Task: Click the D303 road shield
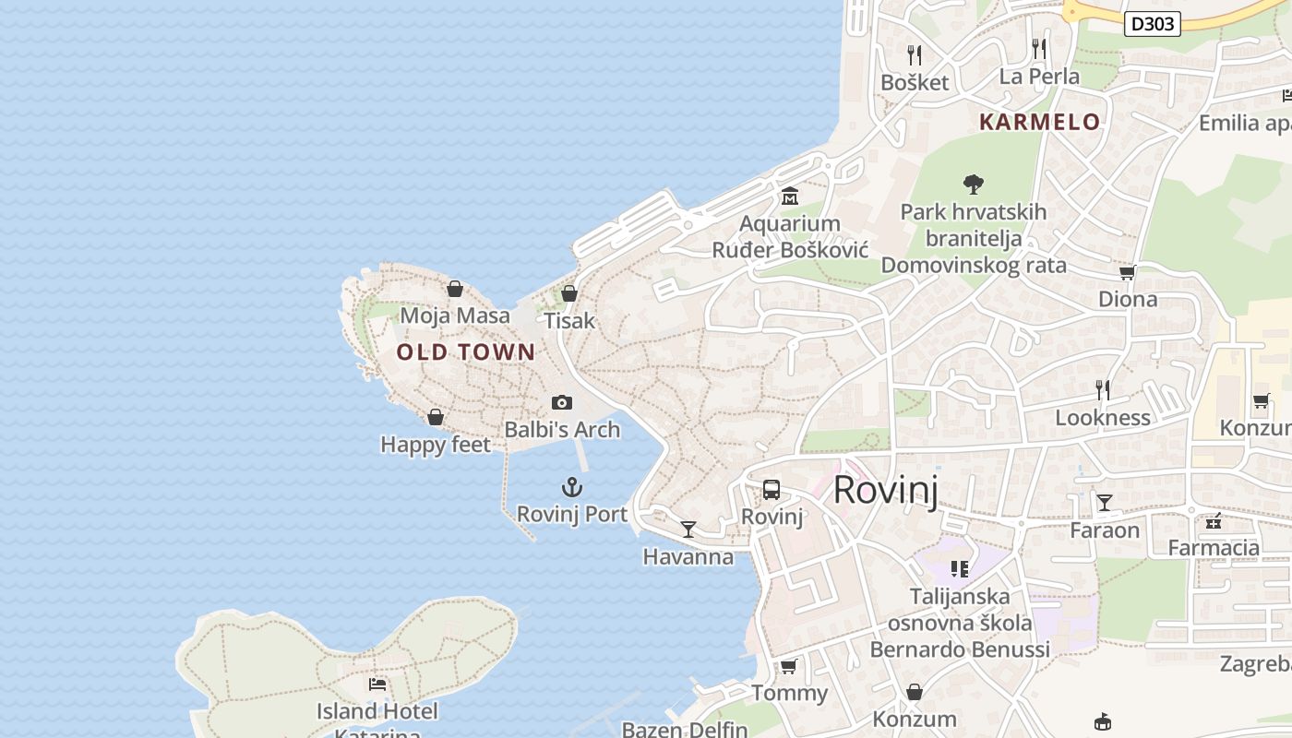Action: click(x=1153, y=24)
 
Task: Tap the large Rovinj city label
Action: click(x=885, y=490)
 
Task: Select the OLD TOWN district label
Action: click(x=466, y=351)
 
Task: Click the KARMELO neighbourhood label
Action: click(x=1040, y=122)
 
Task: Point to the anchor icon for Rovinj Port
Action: click(x=572, y=487)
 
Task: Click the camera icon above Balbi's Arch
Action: click(x=561, y=402)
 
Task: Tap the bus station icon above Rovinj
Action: click(x=772, y=490)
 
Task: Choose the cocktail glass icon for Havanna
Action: click(x=688, y=529)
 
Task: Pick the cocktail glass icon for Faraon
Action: click(x=1105, y=503)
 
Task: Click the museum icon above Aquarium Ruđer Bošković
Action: click(x=790, y=196)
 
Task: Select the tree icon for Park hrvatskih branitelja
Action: click(x=973, y=184)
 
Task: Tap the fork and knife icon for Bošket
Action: click(x=915, y=54)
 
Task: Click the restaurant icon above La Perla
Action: click(x=1040, y=48)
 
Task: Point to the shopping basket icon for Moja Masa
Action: click(x=455, y=289)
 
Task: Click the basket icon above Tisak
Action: click(x=569, y=293)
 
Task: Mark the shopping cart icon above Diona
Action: click(x=1127, y=272)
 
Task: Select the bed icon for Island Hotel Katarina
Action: click(x=377, y=684)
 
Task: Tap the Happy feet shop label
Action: click(x=436, y=445)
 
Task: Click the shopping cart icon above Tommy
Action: click(x=788, y=666)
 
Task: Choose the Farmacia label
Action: click(x=1214, y=548)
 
